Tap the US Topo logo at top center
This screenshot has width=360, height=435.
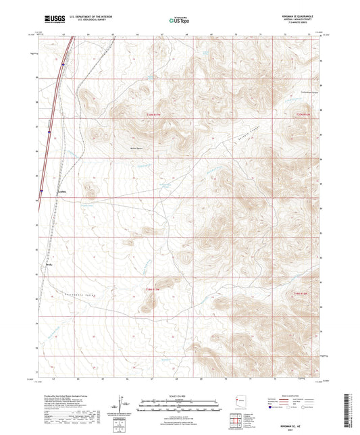coord(178,21)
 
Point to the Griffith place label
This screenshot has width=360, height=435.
coord(61,192)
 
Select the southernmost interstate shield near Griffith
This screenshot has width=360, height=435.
coord(41,191)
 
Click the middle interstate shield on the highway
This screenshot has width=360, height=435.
coord(49,123)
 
